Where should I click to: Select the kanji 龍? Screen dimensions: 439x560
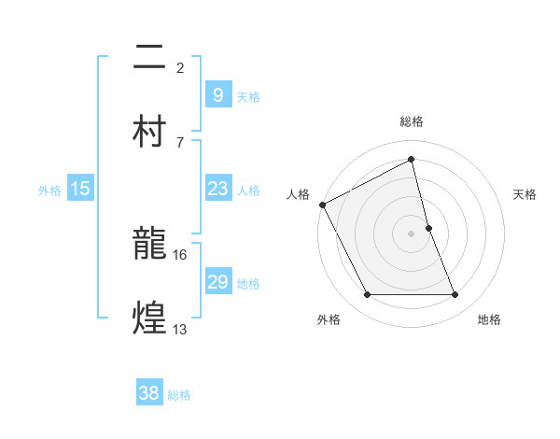click(x=150, y=246)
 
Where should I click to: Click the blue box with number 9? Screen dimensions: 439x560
click(x=217, y=95)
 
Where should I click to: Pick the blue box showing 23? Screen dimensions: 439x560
click(x=217, y=189)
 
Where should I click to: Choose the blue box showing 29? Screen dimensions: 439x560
click(x=217, y=282)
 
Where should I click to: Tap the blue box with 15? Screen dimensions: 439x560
click(x=80, y=189)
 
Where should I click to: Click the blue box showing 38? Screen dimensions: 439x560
click(x=148, y=393)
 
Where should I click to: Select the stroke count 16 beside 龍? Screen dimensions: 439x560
click(x=179, y=254)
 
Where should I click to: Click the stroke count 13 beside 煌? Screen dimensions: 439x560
click(x=179, y=329)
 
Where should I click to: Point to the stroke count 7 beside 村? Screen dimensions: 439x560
click(x=179, y=142)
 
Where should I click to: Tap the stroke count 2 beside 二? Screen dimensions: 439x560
click(x=179, y=67)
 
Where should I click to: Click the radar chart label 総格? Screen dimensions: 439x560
click(x=412, y=121)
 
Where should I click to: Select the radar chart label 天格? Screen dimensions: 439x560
click(x=525, y=194)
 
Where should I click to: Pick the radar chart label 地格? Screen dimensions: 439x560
click(x=489, y=319)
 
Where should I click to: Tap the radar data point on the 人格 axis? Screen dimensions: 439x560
click(x=322, y=205)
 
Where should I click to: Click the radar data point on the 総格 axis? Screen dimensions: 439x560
click(x=412, y=160)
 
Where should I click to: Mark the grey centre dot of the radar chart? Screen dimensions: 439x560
click(x=412, y=233)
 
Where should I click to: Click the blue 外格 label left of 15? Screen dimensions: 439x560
click(x=49, y=191)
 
